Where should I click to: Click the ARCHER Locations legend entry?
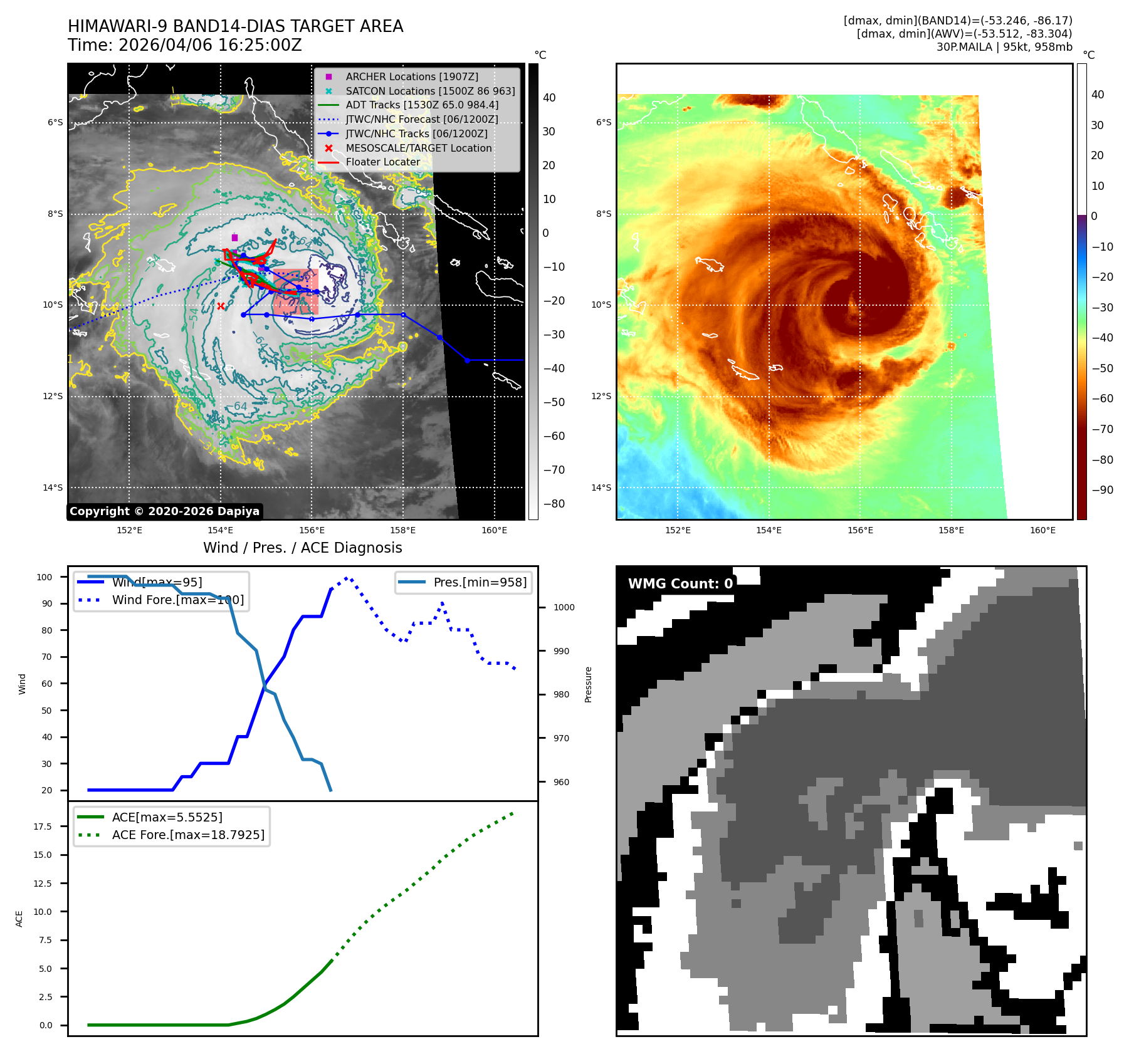tap(411, 76)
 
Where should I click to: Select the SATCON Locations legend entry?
tap(430, 91)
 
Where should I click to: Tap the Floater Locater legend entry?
tap(382, 162)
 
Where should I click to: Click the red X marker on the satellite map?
tap(221, 306)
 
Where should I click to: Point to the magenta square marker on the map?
tap(234, 237)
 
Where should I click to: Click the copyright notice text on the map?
tap(164, 511)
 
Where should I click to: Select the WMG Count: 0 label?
tap(680, 584)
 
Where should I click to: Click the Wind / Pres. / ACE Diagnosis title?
tap(302, 548)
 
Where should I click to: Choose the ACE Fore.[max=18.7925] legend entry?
tap(187, 835)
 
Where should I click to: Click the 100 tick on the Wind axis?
tap(45, 577)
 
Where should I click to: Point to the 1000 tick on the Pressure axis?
tap(564, 607)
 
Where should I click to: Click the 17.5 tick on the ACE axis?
tap(43, 827)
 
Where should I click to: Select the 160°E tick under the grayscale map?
tap(494, 530)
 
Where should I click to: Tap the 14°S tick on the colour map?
tap(601, 488)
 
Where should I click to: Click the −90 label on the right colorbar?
tap(1103, 490)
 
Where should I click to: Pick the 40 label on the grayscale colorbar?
tap(549, 98)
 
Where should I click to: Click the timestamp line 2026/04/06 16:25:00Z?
tap(185, 45)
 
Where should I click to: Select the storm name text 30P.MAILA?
tap(964, 47)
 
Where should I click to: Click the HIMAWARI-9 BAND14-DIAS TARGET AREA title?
tap(235, 26)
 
